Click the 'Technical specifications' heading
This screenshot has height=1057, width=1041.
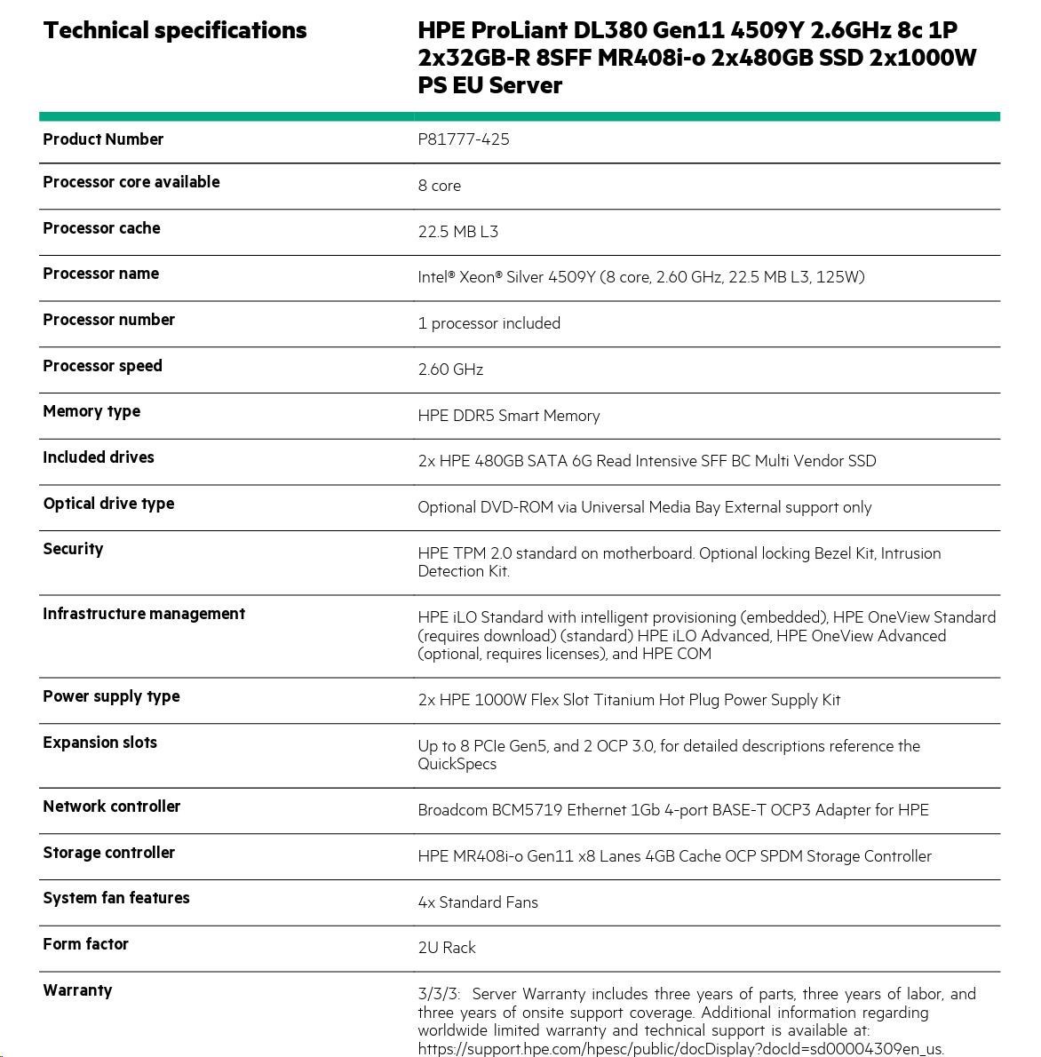point(175,30)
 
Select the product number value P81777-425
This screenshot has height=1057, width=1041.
point(464,139)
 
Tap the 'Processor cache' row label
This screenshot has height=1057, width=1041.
point(101,228)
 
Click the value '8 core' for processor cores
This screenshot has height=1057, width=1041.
point(440,186)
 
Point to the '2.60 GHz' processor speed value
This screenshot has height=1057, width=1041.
point(450,370)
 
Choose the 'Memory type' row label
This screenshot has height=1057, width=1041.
point(91,411)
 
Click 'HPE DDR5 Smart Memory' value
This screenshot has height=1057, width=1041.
point(509,416)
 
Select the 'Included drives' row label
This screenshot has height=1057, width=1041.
point(99,457)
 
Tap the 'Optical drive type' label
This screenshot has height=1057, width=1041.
point(108,504)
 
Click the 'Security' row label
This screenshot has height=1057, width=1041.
point(73,549)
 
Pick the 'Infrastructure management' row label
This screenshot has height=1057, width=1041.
point(144,614)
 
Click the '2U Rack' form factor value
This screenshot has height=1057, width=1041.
point(447,948)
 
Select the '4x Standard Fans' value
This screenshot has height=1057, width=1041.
point(478,902)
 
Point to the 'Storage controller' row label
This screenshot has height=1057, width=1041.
point(109,853)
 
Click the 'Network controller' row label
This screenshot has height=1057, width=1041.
point(112,807)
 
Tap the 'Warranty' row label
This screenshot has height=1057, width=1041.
point(77,990)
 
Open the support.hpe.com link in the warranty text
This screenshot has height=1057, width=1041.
point(680,1049)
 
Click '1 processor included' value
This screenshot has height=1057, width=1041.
point(489,323)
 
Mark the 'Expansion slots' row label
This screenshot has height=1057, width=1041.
point(100,743)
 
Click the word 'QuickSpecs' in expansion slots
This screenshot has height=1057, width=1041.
point(457,764)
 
